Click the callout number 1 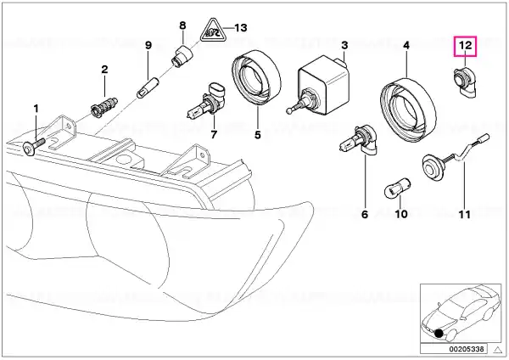[x=36, y=109]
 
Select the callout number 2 [x=104, y=69]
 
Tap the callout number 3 [x=345, y=44]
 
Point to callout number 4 [x=406, y=44]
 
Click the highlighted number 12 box [x=467, y=45]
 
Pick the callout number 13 [x=241, y=27]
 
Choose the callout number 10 [x=403, y=215]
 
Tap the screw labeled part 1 [x=32, y=147]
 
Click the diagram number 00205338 [x=467, y=349]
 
